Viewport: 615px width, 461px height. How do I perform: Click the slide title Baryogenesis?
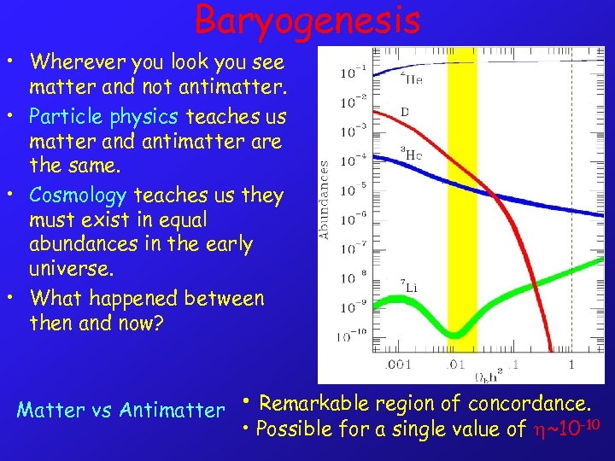pos(307,20)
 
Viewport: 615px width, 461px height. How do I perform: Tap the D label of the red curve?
pos(405,112)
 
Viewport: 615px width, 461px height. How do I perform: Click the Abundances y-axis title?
pos(325,195)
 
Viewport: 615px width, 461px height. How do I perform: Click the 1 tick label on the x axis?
pos(571,365)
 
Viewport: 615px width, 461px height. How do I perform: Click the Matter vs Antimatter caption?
pos(120,410)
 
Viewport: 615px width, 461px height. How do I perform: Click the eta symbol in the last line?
pos(539,429)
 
